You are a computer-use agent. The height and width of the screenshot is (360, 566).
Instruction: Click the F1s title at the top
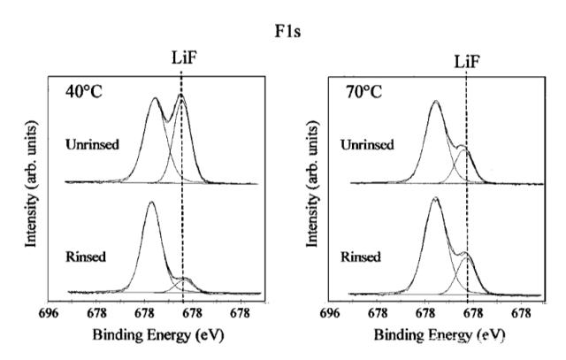pos(287,16)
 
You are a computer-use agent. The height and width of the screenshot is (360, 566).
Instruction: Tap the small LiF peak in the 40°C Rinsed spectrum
pos(184,280)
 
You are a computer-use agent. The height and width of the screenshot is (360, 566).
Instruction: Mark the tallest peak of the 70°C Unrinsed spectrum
pos(435,102)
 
